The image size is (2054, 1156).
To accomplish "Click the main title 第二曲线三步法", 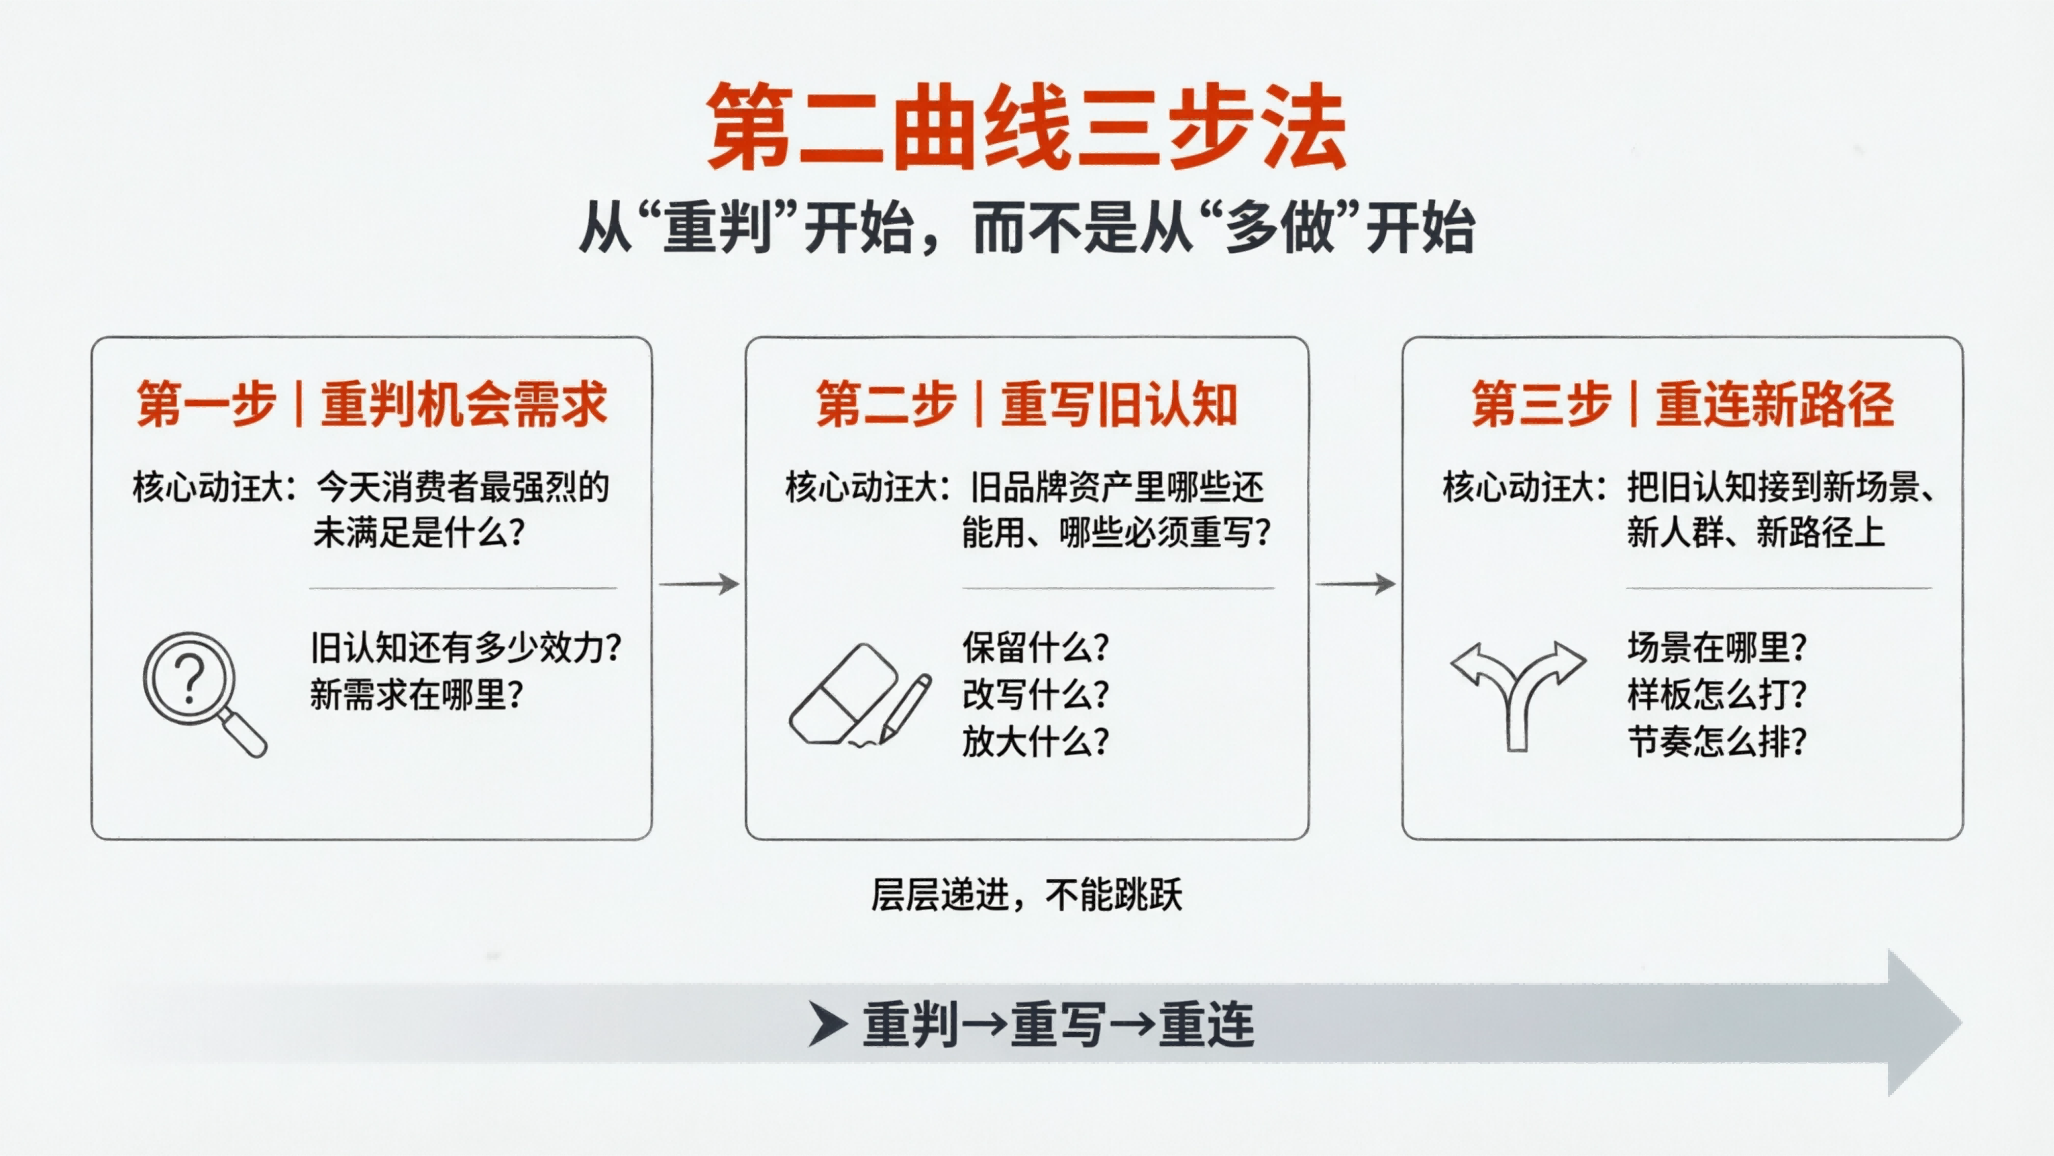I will pos(1026,127).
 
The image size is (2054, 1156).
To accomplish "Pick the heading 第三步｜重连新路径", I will pos(1682,404).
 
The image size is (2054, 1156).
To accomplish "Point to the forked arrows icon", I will pos(1517,692).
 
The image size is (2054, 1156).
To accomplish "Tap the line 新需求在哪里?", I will pos(416,694).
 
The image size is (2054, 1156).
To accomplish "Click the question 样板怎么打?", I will pos(1717,694).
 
